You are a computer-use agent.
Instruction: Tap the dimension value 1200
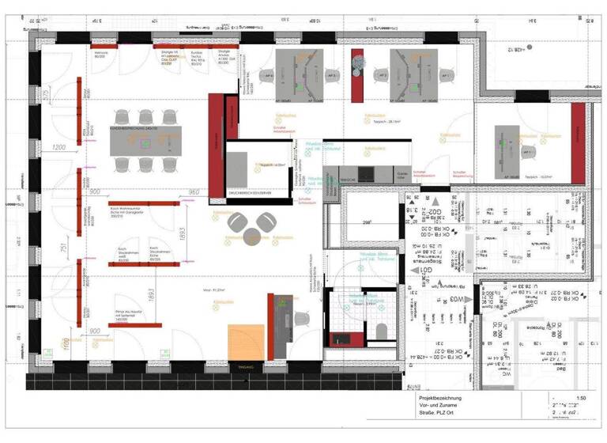(x=58, y=147)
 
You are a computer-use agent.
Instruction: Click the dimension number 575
(x=47, y=96)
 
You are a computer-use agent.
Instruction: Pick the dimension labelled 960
(x=194, y=192)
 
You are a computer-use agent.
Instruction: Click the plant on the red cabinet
(x=357, y=59)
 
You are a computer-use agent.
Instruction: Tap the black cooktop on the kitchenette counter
(x=366, y=173)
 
